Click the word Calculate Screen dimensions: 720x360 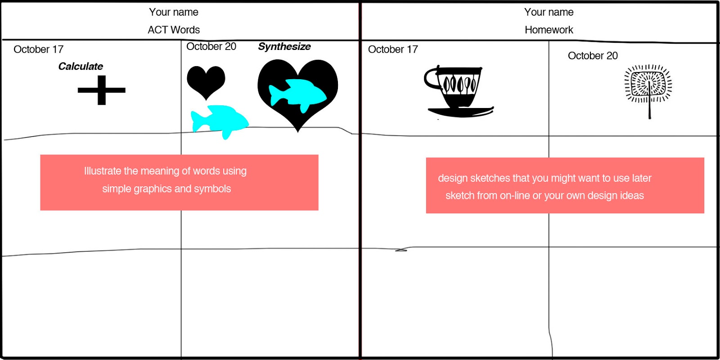tap(81, 67)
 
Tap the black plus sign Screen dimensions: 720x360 tap(102, 90)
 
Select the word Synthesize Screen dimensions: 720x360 tap(284, 46)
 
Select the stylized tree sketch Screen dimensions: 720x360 tap(648, 88)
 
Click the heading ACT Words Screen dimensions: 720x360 tap(174, 30)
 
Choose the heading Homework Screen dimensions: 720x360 tap(549, 30)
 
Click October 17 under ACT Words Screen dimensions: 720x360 tap(39, 49)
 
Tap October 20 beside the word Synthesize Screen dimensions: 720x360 tap(211, 46)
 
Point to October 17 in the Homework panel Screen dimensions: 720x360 tap(393, 49)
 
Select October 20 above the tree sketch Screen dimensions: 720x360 tap(593, 56)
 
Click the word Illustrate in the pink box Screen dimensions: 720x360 tap(102, 171)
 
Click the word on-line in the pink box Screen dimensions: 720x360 tap(514, 196)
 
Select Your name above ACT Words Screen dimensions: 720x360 tap(174, 12)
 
